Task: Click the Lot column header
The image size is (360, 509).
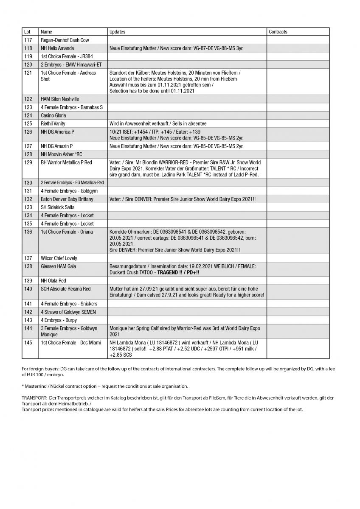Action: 27,32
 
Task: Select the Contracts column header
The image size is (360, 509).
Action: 278,32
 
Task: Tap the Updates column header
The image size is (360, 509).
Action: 117,32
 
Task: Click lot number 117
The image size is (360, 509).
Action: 28,40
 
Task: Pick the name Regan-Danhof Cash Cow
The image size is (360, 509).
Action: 65,40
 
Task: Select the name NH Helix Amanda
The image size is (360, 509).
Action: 59,48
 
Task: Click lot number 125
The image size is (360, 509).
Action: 28,123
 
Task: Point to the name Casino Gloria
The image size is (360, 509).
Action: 53,115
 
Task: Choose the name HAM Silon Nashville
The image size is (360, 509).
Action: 60,99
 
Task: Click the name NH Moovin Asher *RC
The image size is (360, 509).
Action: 62,154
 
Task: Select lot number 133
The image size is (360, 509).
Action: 28,207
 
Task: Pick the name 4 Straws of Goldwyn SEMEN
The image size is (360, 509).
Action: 68,312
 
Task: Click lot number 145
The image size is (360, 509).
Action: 28,343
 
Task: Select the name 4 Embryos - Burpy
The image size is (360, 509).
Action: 59,320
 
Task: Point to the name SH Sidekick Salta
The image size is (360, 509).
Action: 58,207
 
